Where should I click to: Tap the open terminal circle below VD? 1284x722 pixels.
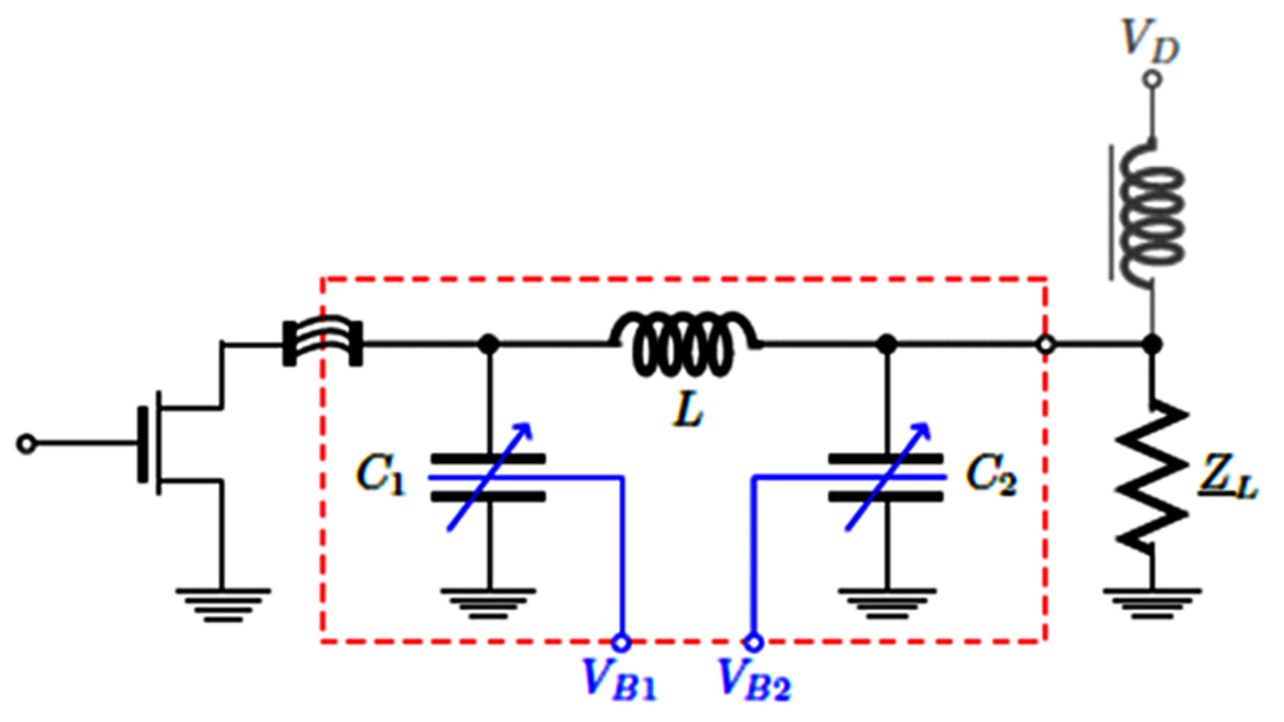(x=1152, y=80)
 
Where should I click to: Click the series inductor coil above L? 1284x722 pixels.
(x=683, y=344)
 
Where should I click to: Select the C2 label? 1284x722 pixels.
(x=990, y=475)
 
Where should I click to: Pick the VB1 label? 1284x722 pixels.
(x=619, y=679)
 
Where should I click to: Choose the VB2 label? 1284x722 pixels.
(x=754, y=679)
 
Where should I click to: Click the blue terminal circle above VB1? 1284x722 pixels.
(x=621, y=642)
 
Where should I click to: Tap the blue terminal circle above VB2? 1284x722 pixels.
(x=754, y=642)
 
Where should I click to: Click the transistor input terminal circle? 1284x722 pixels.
(x=26, y=444)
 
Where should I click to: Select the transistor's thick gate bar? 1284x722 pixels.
(x=142, y=444)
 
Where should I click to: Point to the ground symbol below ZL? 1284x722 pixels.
(x=1152, y=603)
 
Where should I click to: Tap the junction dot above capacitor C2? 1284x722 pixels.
(x=887, y=344)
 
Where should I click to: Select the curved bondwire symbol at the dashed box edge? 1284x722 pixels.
(x=323, y=343)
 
